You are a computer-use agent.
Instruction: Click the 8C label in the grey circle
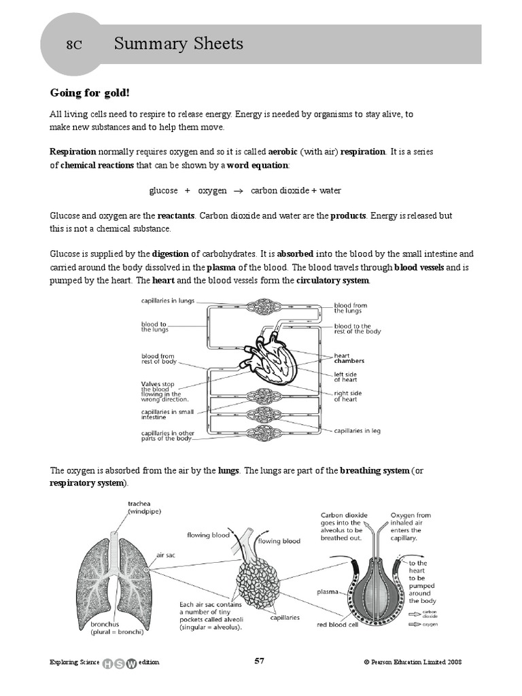click(x=74, y=46)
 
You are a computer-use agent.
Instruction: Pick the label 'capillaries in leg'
click(x=356, y=430)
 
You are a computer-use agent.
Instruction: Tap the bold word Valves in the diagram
click(x=151, y=383)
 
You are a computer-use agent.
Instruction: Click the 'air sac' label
click(x=166, y=555)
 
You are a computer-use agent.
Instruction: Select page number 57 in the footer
click(x=259, y=661)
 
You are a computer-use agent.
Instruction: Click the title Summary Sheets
click(x=179, y=45)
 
